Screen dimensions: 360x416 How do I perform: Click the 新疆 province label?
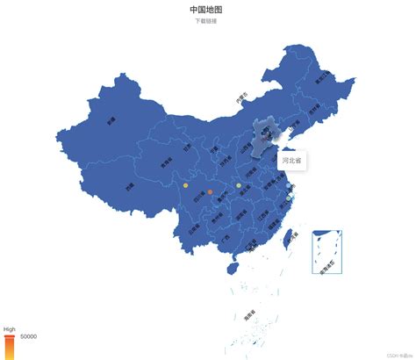tap(111, 122)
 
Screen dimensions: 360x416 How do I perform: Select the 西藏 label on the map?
tap(129, 186)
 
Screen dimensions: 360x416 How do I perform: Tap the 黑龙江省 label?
tap(324, 76)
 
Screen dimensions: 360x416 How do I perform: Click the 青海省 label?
tap(166, 162)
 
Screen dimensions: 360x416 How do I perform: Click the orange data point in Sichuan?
tap(210, 191)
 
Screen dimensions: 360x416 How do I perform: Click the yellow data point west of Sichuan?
tap(185, 185)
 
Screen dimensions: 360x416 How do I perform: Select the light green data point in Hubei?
tap(239, 185)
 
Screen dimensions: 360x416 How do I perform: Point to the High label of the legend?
tap(10, 329)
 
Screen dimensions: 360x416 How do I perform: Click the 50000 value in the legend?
tap(28, 336)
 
